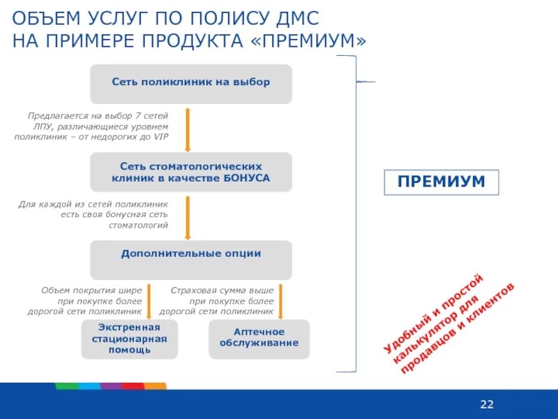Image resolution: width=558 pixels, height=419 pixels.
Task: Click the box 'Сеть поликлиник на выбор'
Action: (191, 83)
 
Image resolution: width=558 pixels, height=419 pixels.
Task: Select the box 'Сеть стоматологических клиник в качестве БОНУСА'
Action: (191, 172)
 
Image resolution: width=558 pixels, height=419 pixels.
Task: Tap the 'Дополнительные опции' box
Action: (191, 259)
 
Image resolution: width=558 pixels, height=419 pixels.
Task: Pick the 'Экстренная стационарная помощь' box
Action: (129, 339)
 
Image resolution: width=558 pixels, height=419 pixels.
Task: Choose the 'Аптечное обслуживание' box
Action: (259, 338)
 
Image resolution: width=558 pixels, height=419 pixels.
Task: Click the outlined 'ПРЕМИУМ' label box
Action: (441, 182)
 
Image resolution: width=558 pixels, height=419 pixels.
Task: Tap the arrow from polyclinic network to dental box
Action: (188, 130)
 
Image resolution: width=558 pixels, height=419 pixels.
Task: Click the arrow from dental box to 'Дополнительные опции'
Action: (188, 218)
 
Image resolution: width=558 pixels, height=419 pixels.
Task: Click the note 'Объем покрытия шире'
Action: (91, 300)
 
